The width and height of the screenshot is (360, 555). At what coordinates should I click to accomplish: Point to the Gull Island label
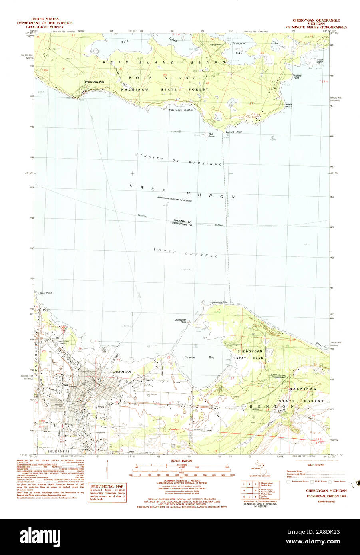(x=211, y=135)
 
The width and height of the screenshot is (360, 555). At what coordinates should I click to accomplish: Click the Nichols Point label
(x=297, y=77)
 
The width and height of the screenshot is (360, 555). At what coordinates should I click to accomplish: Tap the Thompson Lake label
(x=239, y=48)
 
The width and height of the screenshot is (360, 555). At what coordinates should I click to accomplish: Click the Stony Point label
(x=46, y=293)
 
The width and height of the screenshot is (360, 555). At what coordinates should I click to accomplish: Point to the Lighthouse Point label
(x=219, y=303)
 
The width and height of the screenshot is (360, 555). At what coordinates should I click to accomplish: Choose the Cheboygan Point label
(x=180, y=321)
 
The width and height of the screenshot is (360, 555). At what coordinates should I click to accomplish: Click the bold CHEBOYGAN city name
(x=122, y=371)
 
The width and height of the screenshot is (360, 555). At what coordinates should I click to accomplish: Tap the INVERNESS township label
(x=59, y=452)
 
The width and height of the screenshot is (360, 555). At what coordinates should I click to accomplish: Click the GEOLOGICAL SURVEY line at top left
(x=45, y=27)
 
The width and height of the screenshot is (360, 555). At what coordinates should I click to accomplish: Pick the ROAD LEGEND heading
(x=316, y=465)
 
